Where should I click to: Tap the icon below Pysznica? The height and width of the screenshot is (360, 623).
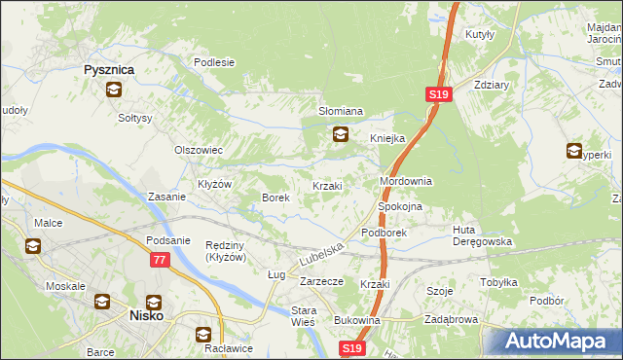coord(113,90)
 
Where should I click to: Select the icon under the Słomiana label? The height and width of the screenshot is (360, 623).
coord(340,135)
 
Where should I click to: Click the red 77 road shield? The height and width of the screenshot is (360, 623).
coord(160,260)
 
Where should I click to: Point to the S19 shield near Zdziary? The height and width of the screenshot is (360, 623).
coord(437,94)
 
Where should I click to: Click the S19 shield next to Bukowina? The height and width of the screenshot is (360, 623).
coord(352,347)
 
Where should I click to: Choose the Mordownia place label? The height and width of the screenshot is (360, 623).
coord(405,182)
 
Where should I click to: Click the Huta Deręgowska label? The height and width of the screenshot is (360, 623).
coord(482,235)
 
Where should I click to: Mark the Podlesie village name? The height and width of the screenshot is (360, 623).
coord(214,62)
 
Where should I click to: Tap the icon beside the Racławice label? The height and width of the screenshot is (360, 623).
coord(203,334)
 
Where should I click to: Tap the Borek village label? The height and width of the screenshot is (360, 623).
coord(275,198)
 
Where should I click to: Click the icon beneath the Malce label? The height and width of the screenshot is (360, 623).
coord(33,246)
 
